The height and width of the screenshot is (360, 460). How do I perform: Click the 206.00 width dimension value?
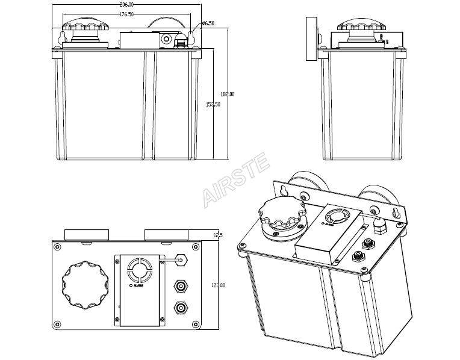tap(126, 5)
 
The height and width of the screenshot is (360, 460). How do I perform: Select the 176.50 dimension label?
tap(126, 14)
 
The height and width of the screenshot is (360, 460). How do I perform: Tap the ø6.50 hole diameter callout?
tap(208, 23)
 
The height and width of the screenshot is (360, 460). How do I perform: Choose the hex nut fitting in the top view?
tap(183, 259)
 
